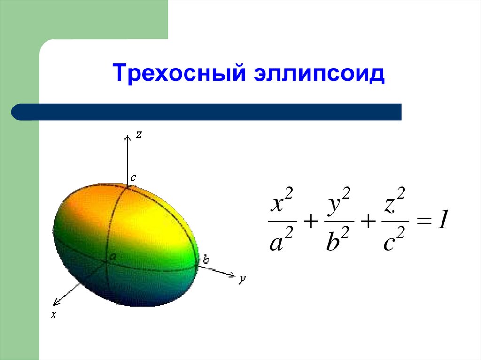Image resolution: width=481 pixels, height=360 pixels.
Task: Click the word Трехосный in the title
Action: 177,75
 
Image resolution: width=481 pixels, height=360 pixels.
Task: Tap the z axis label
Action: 139,134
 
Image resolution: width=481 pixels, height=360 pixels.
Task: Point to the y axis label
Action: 242,279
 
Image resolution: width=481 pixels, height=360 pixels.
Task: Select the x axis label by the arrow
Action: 54,315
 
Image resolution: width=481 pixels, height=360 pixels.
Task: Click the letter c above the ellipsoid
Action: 133,178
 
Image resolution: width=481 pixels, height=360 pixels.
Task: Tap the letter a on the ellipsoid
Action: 113,257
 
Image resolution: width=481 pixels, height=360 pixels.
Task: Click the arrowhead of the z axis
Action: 127,137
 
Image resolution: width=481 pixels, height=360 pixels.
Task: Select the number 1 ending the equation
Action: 442,221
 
